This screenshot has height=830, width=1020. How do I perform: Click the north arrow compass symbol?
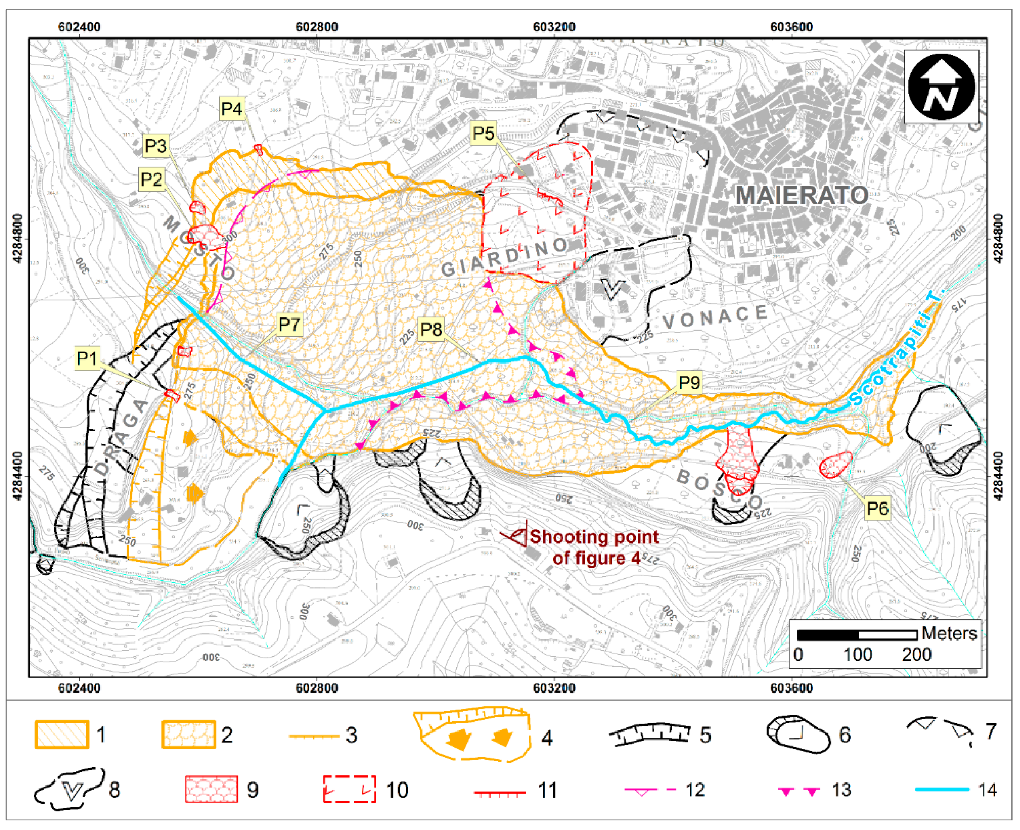click(x=941, y=87)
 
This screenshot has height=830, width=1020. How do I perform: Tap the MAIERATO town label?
click(x=801, y=195)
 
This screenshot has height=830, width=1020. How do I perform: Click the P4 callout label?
click(x=231, y=109)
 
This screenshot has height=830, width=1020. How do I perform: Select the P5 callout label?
click(x=483, y=133)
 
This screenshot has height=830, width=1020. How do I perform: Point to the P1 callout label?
click(x=87, y=359)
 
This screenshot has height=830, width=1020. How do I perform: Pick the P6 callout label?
click(x=877, y=508)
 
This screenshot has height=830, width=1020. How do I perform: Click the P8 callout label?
click(x=430, y=329)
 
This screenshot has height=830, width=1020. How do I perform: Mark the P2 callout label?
click(x=152, y=179)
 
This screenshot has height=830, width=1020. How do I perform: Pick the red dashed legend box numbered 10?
click(x=349, y=788)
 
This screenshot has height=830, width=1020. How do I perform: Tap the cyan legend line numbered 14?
click(x=942, y=789)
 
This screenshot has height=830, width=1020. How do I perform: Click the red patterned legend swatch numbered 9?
click(x=212, y=789)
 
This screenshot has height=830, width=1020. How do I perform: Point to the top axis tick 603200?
click(x=554, y=27)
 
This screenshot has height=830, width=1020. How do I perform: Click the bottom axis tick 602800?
click(x=317, y=688)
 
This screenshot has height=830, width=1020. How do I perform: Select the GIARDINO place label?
click(x=505, y=257)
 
